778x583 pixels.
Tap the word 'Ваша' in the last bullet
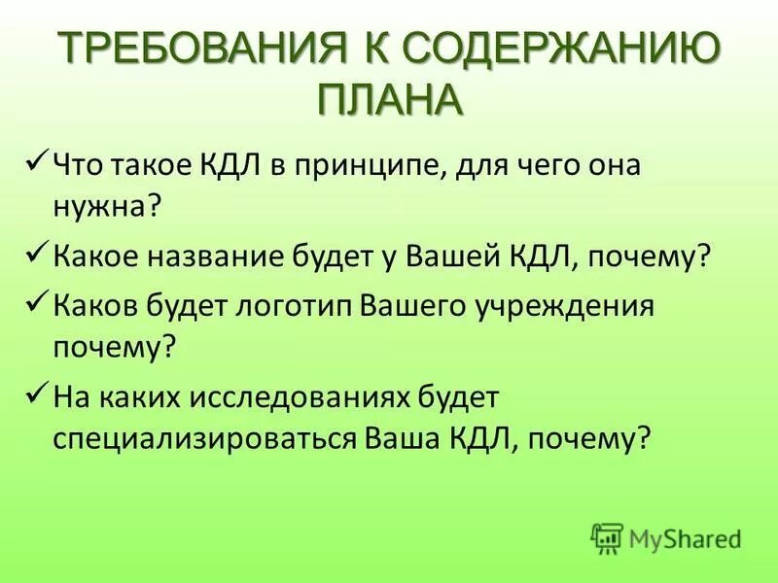(395, 439)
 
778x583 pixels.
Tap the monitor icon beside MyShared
(607, 537)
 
